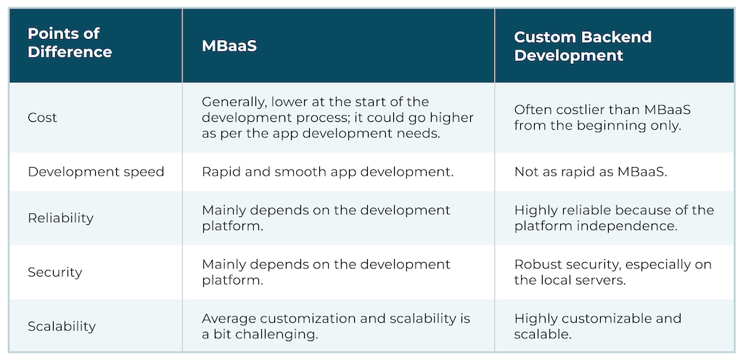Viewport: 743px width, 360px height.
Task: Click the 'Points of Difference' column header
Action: pyautogui.click(x=70, y=43)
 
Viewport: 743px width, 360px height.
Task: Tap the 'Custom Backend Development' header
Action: pyautogui.click(x=583, y=46)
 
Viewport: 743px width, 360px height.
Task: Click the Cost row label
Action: pyautogui.click(x=43, y=118)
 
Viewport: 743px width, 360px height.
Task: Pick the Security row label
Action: pyautogui.click(x=54, y=272)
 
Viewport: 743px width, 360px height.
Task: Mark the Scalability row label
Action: pyautogui.click(x=62, y=326)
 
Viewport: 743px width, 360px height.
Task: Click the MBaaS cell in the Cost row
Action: pyautogui.click(x=337, y=118)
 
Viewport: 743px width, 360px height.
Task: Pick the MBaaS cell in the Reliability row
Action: pyautogui.click(x=326, y=218)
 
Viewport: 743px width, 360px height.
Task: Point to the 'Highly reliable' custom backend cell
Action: pyautogui.click(x=614, y=218)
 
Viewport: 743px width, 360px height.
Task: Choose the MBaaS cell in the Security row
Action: pyautogui.click(x=326, y=272)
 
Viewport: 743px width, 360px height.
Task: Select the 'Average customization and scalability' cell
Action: pyautogui.click(x=336, y=326)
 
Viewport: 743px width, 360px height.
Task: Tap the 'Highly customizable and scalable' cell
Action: pyautogui.click(x=598, y=326)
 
